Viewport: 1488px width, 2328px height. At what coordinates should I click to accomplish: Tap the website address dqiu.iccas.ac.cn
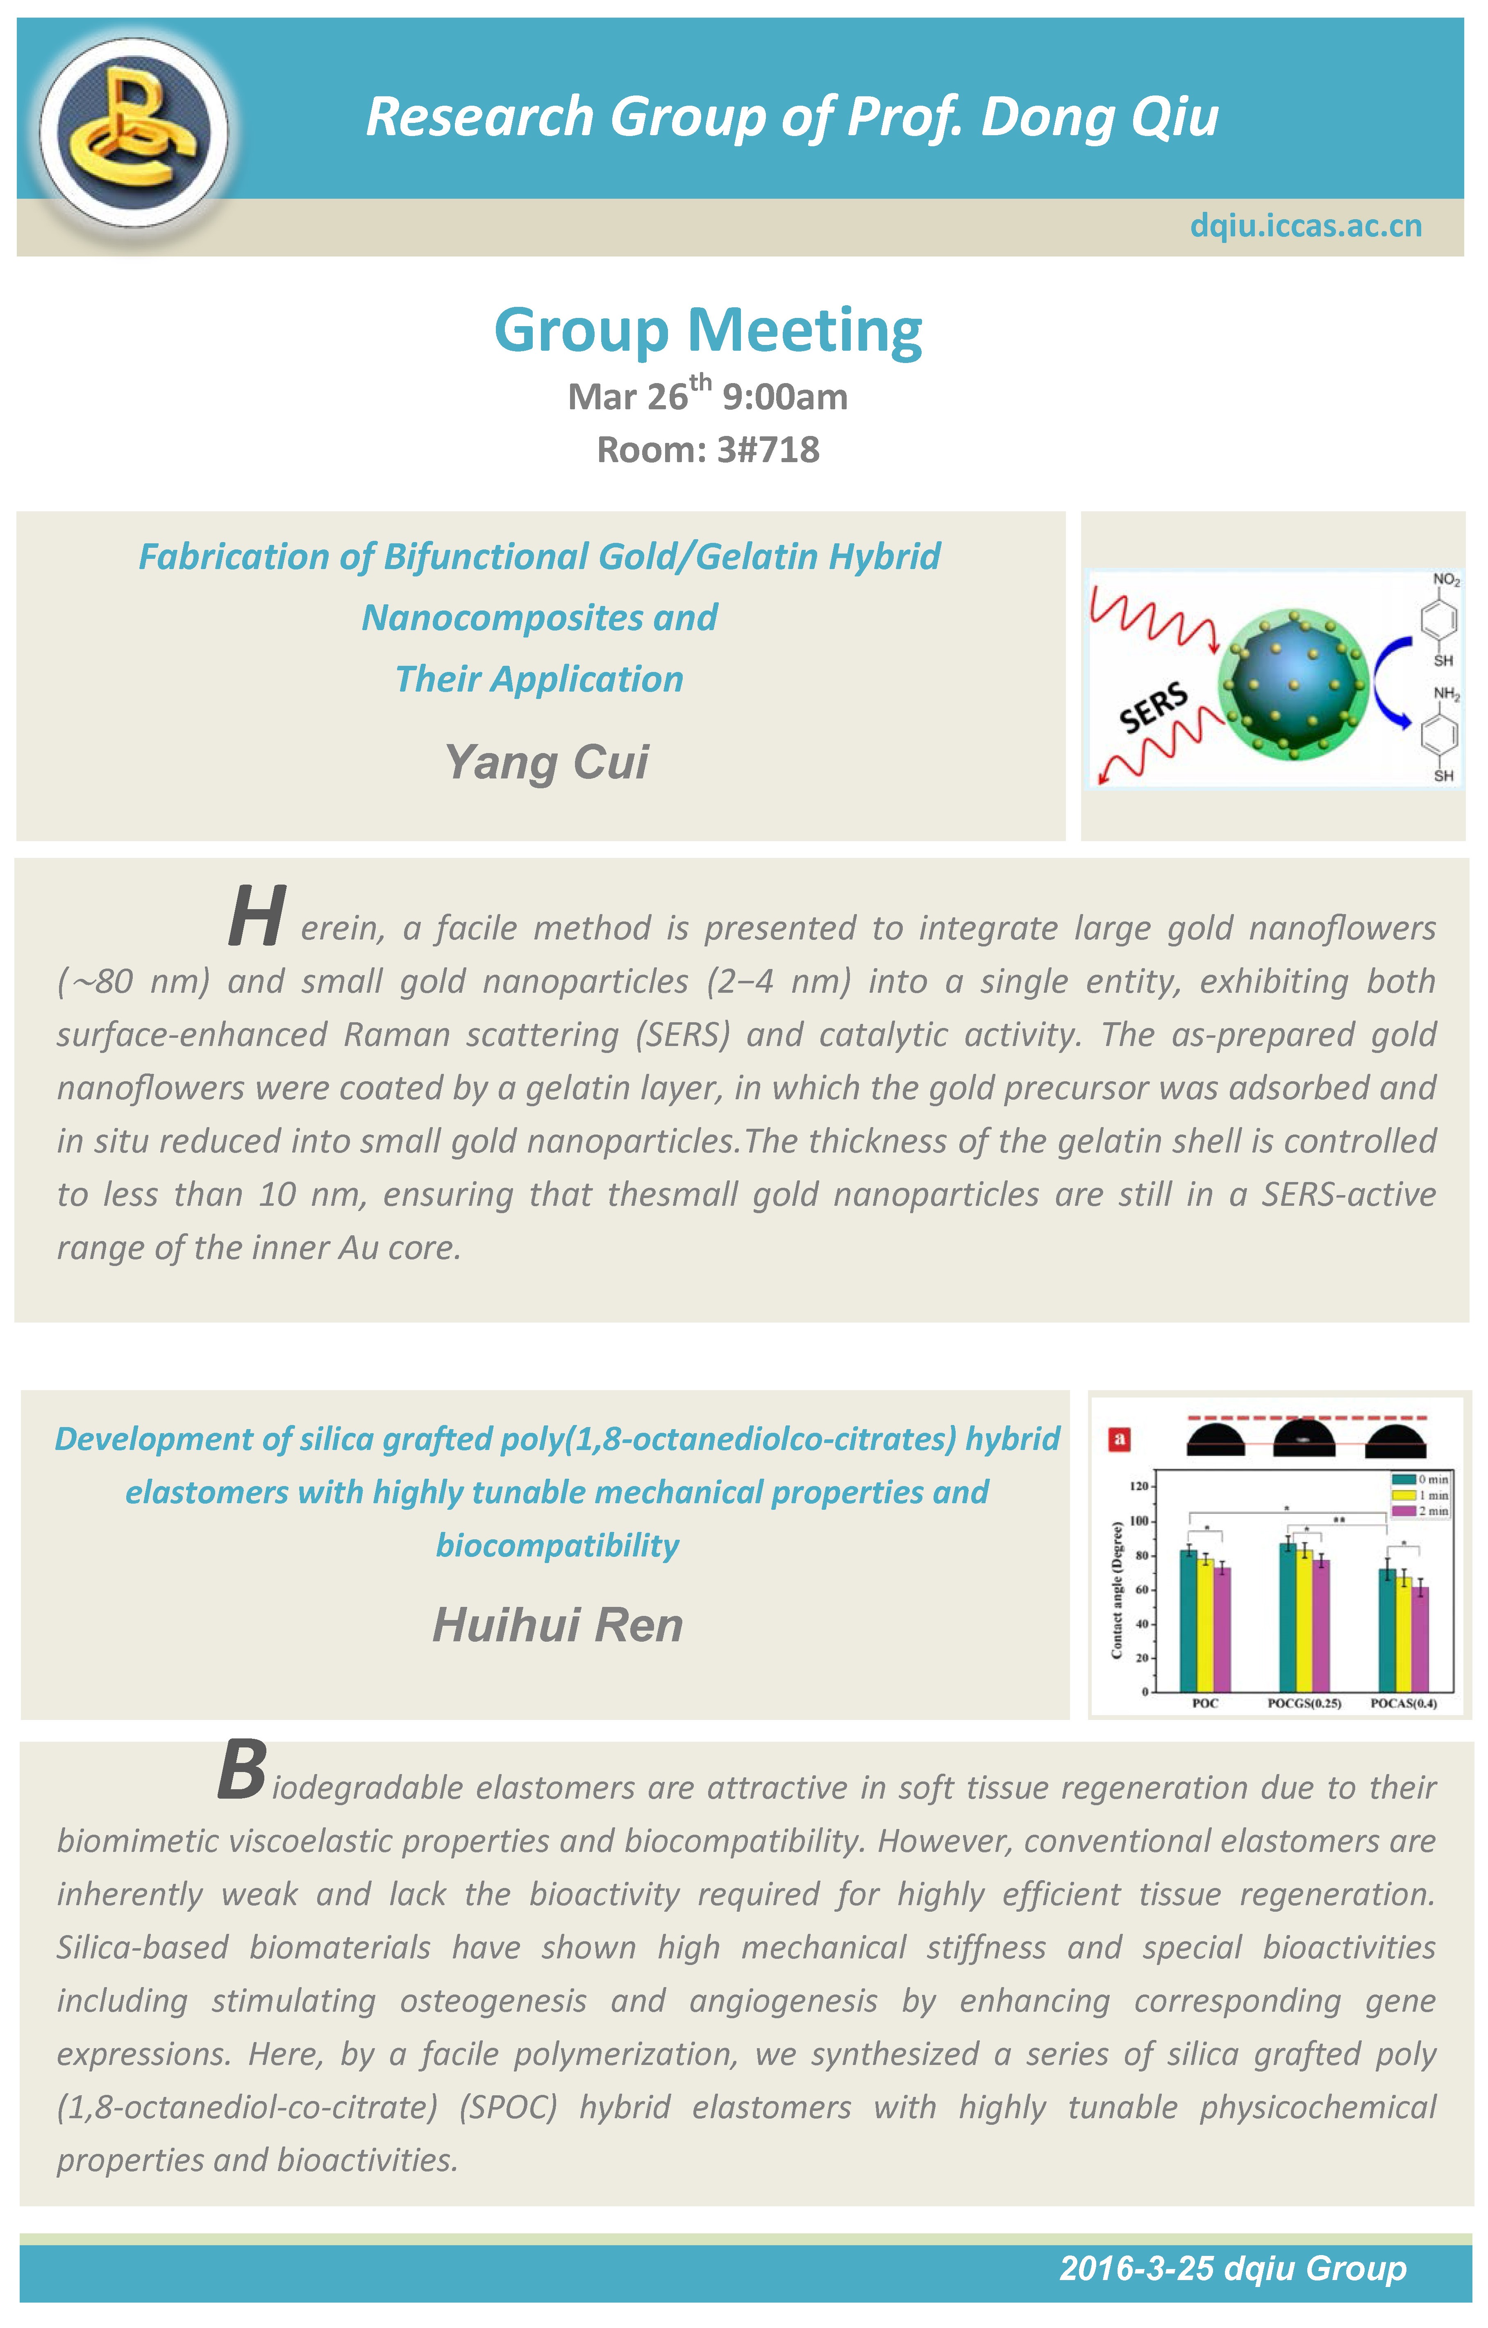(x=1305, y=225)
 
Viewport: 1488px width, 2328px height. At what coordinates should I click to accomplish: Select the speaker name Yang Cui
(x=546, y=762)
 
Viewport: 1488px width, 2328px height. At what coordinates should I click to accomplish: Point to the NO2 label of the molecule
(x=1445, y=580)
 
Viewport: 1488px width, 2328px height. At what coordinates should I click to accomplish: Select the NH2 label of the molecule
(x=1445, y=693)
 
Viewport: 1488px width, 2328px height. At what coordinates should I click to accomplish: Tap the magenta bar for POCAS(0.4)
(x=1420, y=1639)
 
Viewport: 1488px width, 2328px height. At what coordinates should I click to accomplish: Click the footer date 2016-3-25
(x=1136, y=2268)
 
